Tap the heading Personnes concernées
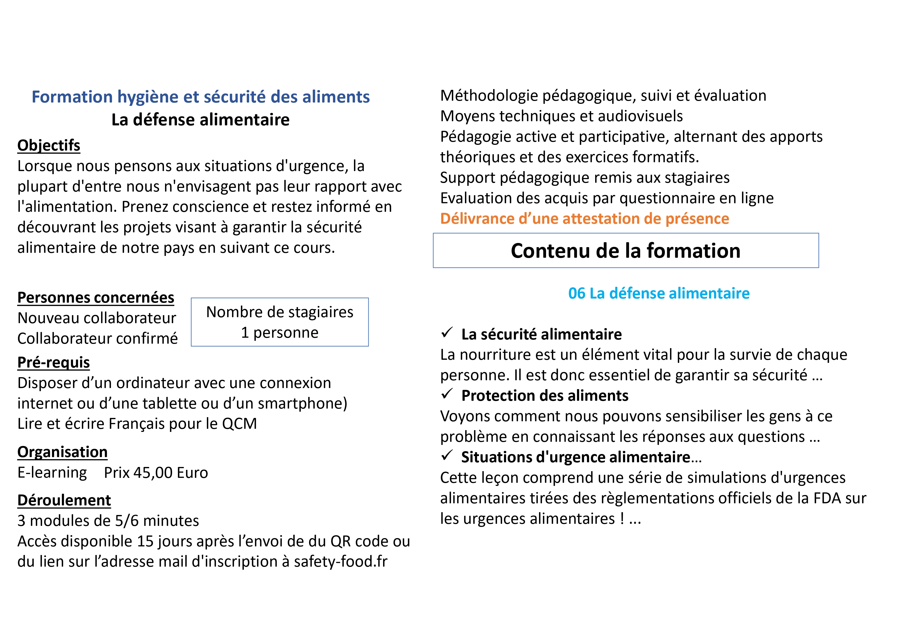click(x=96, y=297)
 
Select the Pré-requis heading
click(x=54, y=362)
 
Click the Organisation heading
click(x=62, y=452)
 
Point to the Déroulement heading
click(x=64, y=500)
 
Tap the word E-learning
click(x=52, y=473)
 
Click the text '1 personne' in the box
click(x=280, y=333)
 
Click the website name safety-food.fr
click(x=340, y=561)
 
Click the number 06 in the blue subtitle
click(x=577, y=294)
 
